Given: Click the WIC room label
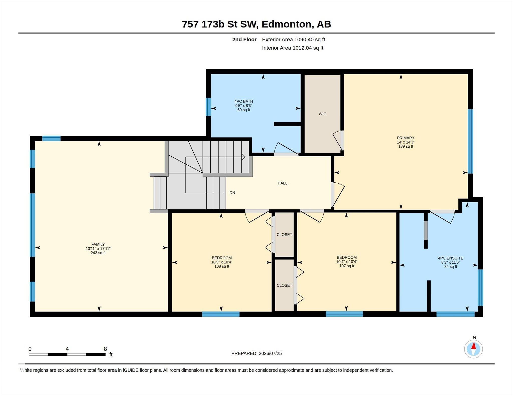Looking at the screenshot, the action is click(322, 114).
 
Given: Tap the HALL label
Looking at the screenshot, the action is click(282, 183).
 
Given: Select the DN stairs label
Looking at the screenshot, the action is click(232, 193).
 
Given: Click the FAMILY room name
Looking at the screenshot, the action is click(98, 244).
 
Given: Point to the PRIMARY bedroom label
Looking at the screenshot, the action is click(406, 138).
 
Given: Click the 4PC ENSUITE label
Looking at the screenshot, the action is click(451, 258).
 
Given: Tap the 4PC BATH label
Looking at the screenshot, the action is click(244, 101).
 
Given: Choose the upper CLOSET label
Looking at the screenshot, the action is click(284, 235).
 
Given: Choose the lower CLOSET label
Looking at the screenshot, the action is click(284, 285).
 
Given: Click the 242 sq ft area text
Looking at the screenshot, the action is click(98, 253).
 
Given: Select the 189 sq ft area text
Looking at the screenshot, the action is click(406, 146).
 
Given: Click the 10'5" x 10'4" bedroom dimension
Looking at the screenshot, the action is click(222, 262).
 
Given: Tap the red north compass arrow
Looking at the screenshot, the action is click(473, 346).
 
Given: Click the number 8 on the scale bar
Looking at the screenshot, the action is click(105, 349).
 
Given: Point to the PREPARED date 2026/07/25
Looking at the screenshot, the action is click(270, 353).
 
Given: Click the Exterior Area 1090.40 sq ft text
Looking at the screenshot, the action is click(294, 40).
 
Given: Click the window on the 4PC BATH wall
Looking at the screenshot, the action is click(208, 107).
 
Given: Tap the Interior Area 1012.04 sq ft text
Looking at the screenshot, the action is click(293, 48).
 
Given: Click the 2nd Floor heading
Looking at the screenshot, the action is click(244, 40).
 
